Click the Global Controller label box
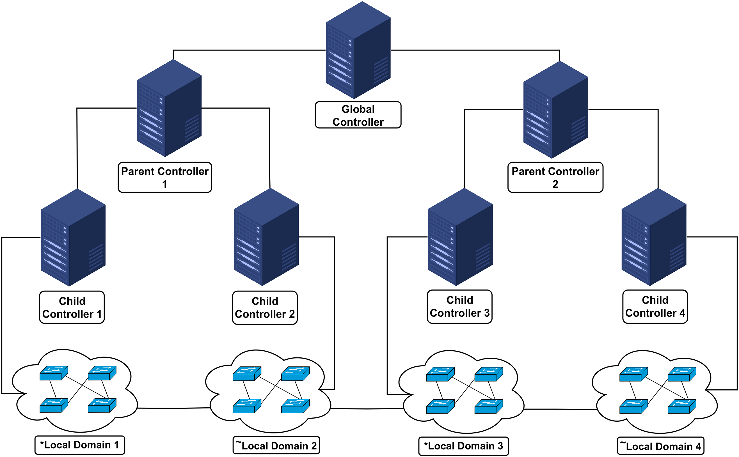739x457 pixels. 358,115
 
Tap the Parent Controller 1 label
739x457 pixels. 165,177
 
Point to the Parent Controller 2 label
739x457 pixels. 555,177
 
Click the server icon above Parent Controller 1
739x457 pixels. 169,108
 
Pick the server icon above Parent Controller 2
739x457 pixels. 556,110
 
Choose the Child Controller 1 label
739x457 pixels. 72,307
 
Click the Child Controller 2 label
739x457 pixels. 265,308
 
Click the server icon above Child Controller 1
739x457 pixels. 73,238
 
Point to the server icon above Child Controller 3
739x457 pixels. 460,237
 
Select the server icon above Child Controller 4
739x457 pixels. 654,237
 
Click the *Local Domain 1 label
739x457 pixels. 80,445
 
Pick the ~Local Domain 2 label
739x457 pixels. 276,446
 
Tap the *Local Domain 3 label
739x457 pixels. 464,446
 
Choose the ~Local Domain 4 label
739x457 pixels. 660,446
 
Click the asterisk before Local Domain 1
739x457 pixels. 42,444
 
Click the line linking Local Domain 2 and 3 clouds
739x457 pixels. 367,409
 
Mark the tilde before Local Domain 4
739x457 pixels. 623,443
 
